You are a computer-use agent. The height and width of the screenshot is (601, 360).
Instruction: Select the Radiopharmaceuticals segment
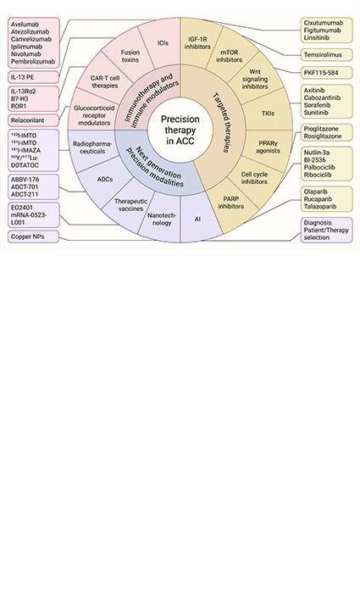(x=93, y=147)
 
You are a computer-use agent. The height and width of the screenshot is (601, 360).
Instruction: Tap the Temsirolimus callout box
(x=328, y=54)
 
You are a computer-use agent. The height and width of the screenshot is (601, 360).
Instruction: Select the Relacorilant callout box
(x=33, y=120)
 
